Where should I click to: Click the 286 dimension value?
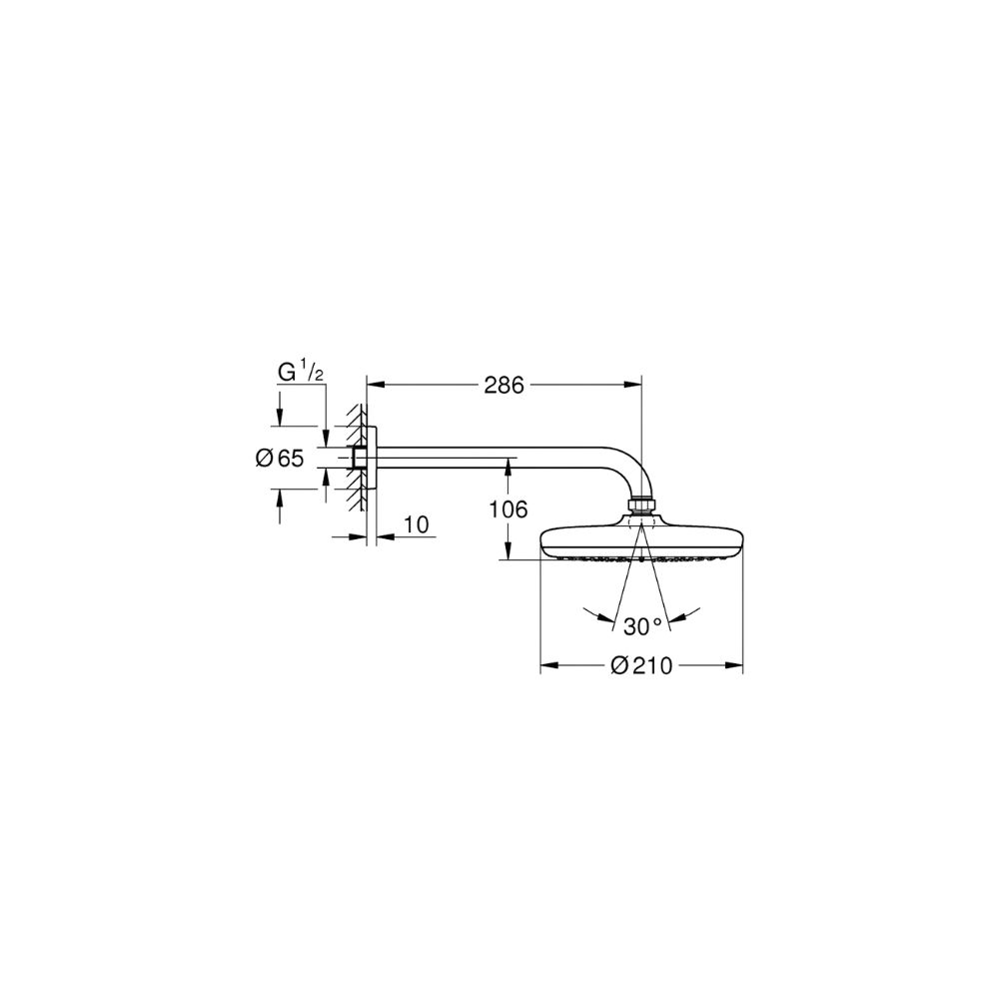coord(503,385)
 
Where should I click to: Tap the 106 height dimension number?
coord(507,509)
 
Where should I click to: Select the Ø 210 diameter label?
coord(641,665)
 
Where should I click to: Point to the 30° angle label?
coord(642,626)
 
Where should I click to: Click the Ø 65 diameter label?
coord(280,459)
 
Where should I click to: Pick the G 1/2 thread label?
coord(300,372)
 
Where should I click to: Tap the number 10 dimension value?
coord(417,524)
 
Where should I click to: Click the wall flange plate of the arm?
coord(372,459)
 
